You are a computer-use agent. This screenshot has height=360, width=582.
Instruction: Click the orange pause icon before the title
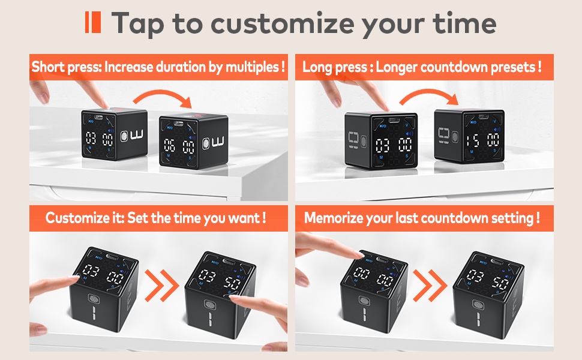tap(92, 22)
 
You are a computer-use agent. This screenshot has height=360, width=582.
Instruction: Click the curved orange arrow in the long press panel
tap(427, 99)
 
